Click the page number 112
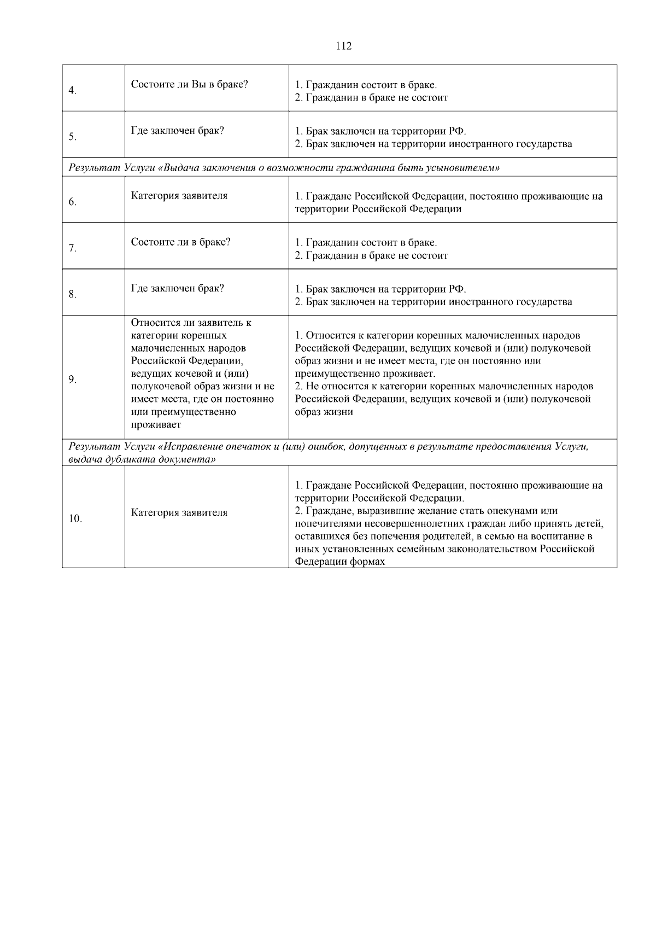click(x=343, y=46)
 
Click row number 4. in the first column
click(x=72, y=91)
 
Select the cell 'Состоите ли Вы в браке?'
click(x=189, y=84)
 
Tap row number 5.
click(x=72, y=137)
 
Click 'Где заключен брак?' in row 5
click(x=177, y=131)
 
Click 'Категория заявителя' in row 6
click(x=179, y=196)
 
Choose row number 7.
click(x=72, y=249)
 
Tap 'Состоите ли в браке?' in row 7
click(x=180, y=242)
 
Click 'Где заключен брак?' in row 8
click(x=177, y=288)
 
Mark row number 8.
click(x=72, y=295)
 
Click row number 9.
click(x=72, y=380)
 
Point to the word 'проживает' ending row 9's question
click(x=156, y=424)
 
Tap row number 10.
click(x=75, y=519)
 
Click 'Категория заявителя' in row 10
click(x=179, y=512)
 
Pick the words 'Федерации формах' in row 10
click(x=340, y=562)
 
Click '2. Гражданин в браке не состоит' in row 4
click(x=371, y=98)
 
